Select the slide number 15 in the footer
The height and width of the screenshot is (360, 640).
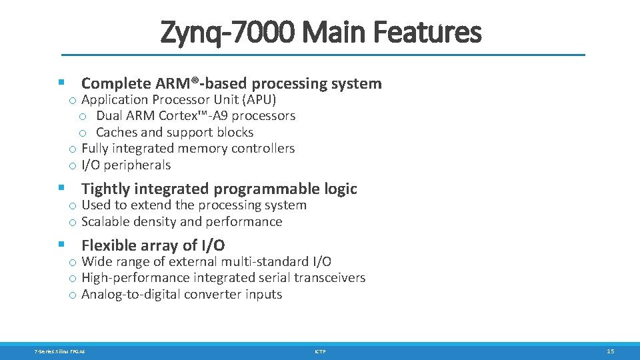pos(610,351)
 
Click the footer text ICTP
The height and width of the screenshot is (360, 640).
pos(320,351)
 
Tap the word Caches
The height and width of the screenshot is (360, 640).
pos(118,133)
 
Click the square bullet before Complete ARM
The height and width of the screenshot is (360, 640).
pos(61,83)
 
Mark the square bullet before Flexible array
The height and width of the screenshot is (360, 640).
pos(61,245)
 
